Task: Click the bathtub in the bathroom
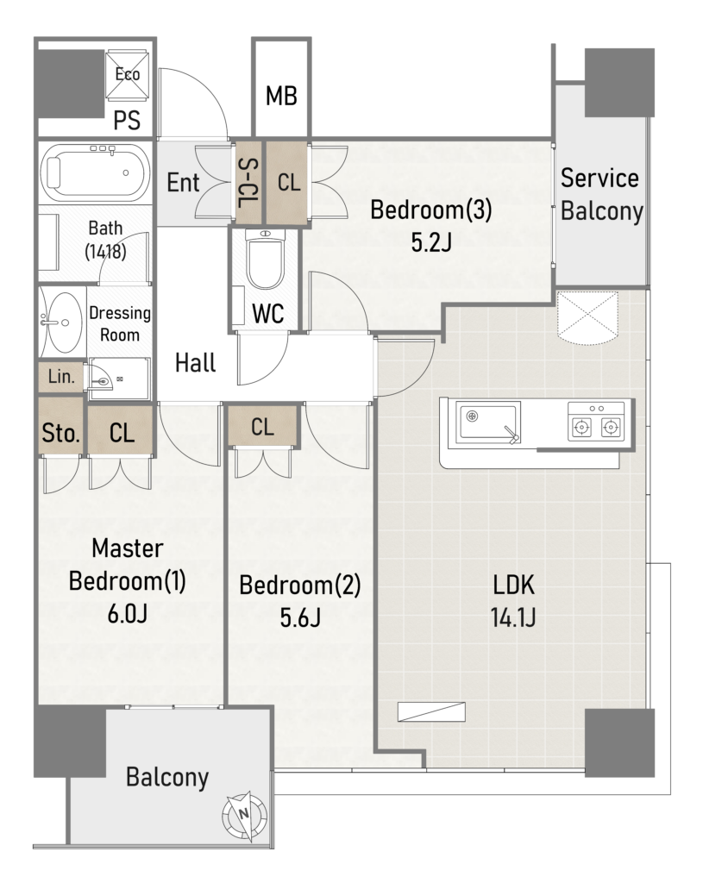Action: click(x=95, y=172)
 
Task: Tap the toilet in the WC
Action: click(x=266, y=259)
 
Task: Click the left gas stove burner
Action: click(x=581, y=428)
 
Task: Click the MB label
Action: click(x=281, y=97)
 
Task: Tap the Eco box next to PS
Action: click(x=128, y=73)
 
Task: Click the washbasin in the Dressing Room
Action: click(x=62, y=323)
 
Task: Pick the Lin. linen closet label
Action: click(x=61, y=376)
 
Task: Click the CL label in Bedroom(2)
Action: click(x=262, y=427)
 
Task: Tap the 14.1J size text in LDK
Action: click(x=512, y=617)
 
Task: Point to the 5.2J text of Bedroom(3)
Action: click(x=431, y=242)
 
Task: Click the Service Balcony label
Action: click(x=601, y=194)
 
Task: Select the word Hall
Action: click(x=196, y=363)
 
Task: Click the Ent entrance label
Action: click(x=183, y=183)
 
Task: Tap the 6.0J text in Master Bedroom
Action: click(x=128, y=613)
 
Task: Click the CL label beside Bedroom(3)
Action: click(x=289, y=183)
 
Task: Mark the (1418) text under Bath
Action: click(x=105, y=251)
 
